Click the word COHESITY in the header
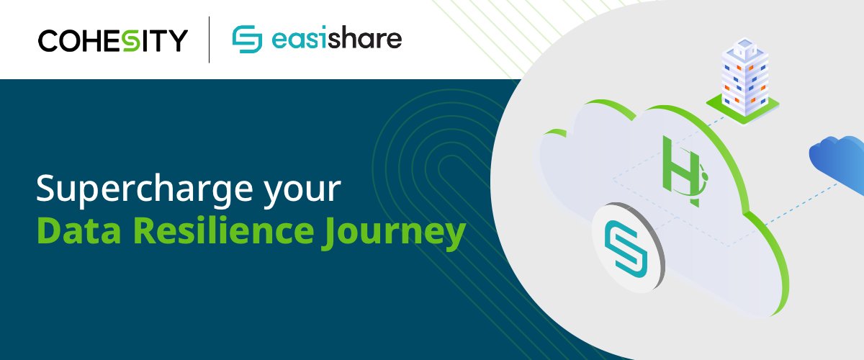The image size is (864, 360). click(113, 40)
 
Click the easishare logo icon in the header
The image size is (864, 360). click(247, 40)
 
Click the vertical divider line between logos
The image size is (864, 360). click(210, 40)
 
